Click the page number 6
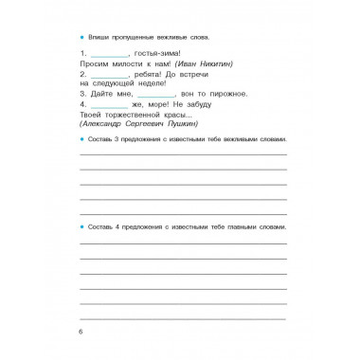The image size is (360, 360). click(82, 331)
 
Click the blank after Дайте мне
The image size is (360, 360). click(155, 93)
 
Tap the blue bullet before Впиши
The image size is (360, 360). click(82, 34)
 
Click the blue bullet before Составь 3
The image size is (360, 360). click(82, 139)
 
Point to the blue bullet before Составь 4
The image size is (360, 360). click(82, 228)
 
